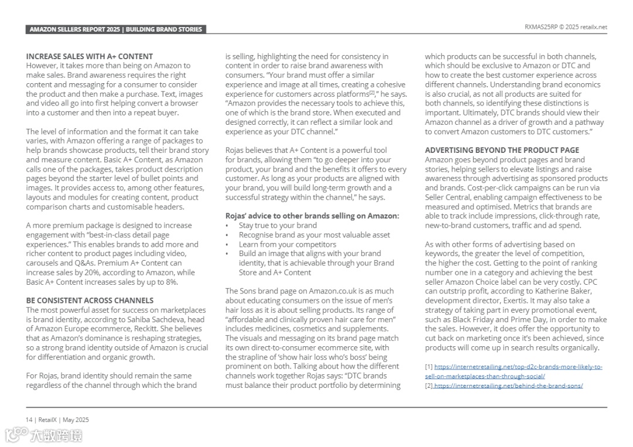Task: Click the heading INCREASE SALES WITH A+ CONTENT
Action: point(89,56)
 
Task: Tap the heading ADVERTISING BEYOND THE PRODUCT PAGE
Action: point(502,150)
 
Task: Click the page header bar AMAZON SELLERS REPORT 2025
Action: point(115,29)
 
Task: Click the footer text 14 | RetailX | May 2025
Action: point(57,419)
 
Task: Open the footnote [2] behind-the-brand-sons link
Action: point(508,385)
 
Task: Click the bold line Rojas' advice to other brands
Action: point(312,216)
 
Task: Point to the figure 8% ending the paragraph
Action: point(171,282)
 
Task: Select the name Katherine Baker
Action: point(563,291)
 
